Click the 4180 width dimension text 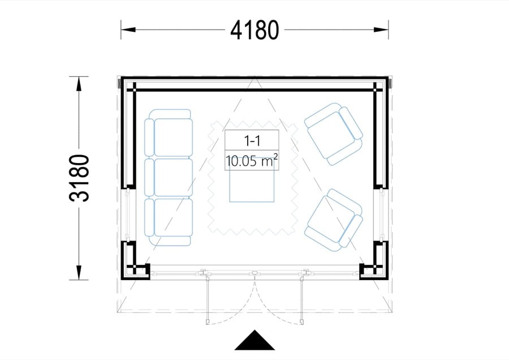pos(255,30)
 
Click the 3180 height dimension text pos(79,178)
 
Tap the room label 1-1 pos(252,141)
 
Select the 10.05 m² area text pos(252,161)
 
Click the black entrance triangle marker pos(255,340)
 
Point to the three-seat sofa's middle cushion pos(174,177)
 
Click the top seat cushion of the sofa pos(174,138)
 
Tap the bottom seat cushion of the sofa pos(174,217)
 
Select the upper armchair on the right pos(334,134)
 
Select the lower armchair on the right pos(334,221)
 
